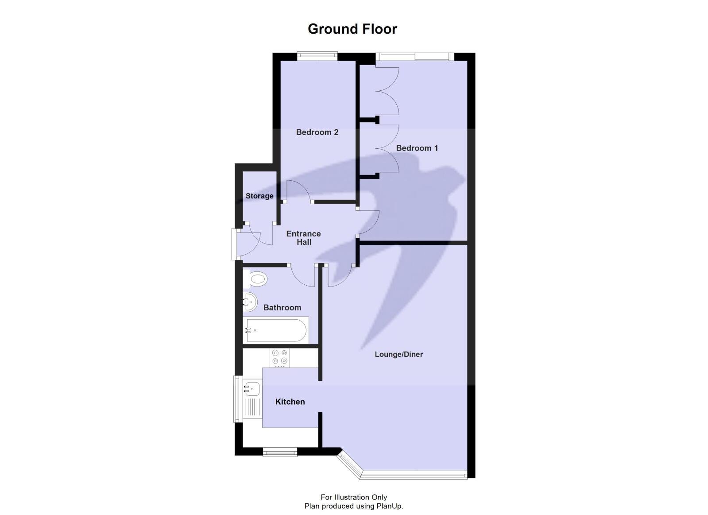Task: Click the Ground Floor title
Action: click(352, 29)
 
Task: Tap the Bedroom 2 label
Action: click(317, 132)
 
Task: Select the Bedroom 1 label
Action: click(417, 148)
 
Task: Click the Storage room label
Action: click(259, 196)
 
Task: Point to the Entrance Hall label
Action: click(304, 238)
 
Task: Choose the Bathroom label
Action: click(282, 307)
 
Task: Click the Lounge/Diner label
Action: click(398, 354)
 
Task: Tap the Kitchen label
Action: click(290, 402)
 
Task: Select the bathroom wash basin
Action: click(250, 302)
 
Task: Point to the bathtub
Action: click(275, 330)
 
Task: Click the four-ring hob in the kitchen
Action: click(280, 358)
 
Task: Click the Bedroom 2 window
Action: click(317, 56)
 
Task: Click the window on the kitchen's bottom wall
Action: click(280, 452)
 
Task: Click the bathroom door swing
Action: click(303, 275)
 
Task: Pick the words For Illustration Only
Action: click(354, 497)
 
